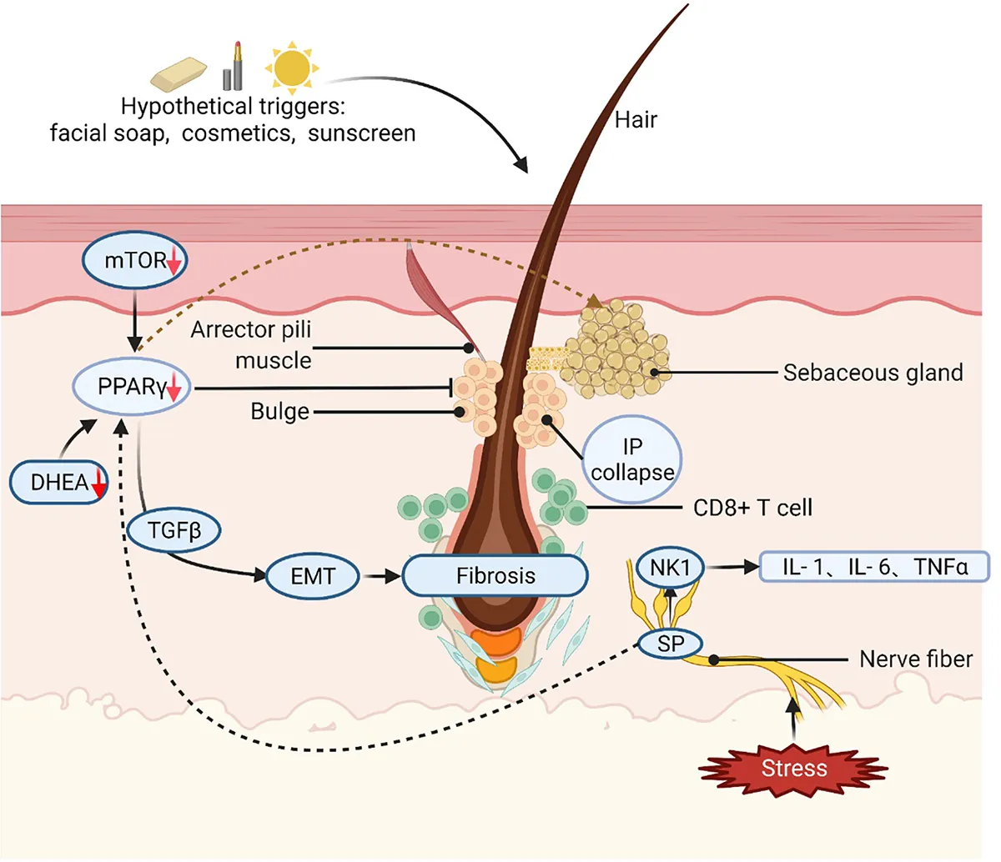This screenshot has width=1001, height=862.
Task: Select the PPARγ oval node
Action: tap(132, 388)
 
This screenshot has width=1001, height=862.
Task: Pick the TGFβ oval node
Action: tap(175, 529)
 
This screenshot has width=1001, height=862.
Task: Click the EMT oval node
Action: tap(313, 576)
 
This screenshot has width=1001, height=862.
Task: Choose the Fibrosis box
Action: tap(495, 575)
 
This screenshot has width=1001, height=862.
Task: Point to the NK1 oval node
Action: tap(670, 568)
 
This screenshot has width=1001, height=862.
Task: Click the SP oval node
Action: tap(670, 644)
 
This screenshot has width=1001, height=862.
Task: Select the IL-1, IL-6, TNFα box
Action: tap(875, 568)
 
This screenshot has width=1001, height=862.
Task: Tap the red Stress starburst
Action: tap(793, 768)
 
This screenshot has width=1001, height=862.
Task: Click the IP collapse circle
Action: tap(632, 460)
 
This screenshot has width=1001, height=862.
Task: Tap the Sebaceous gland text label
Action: tap(873, 373)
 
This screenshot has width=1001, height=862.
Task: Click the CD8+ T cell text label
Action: tap(752, 508)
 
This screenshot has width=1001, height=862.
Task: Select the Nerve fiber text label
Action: tap(916, 659)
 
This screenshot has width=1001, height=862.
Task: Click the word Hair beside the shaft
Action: tap(636, 120)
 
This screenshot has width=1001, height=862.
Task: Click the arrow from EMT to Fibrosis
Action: tap(381, 576)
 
